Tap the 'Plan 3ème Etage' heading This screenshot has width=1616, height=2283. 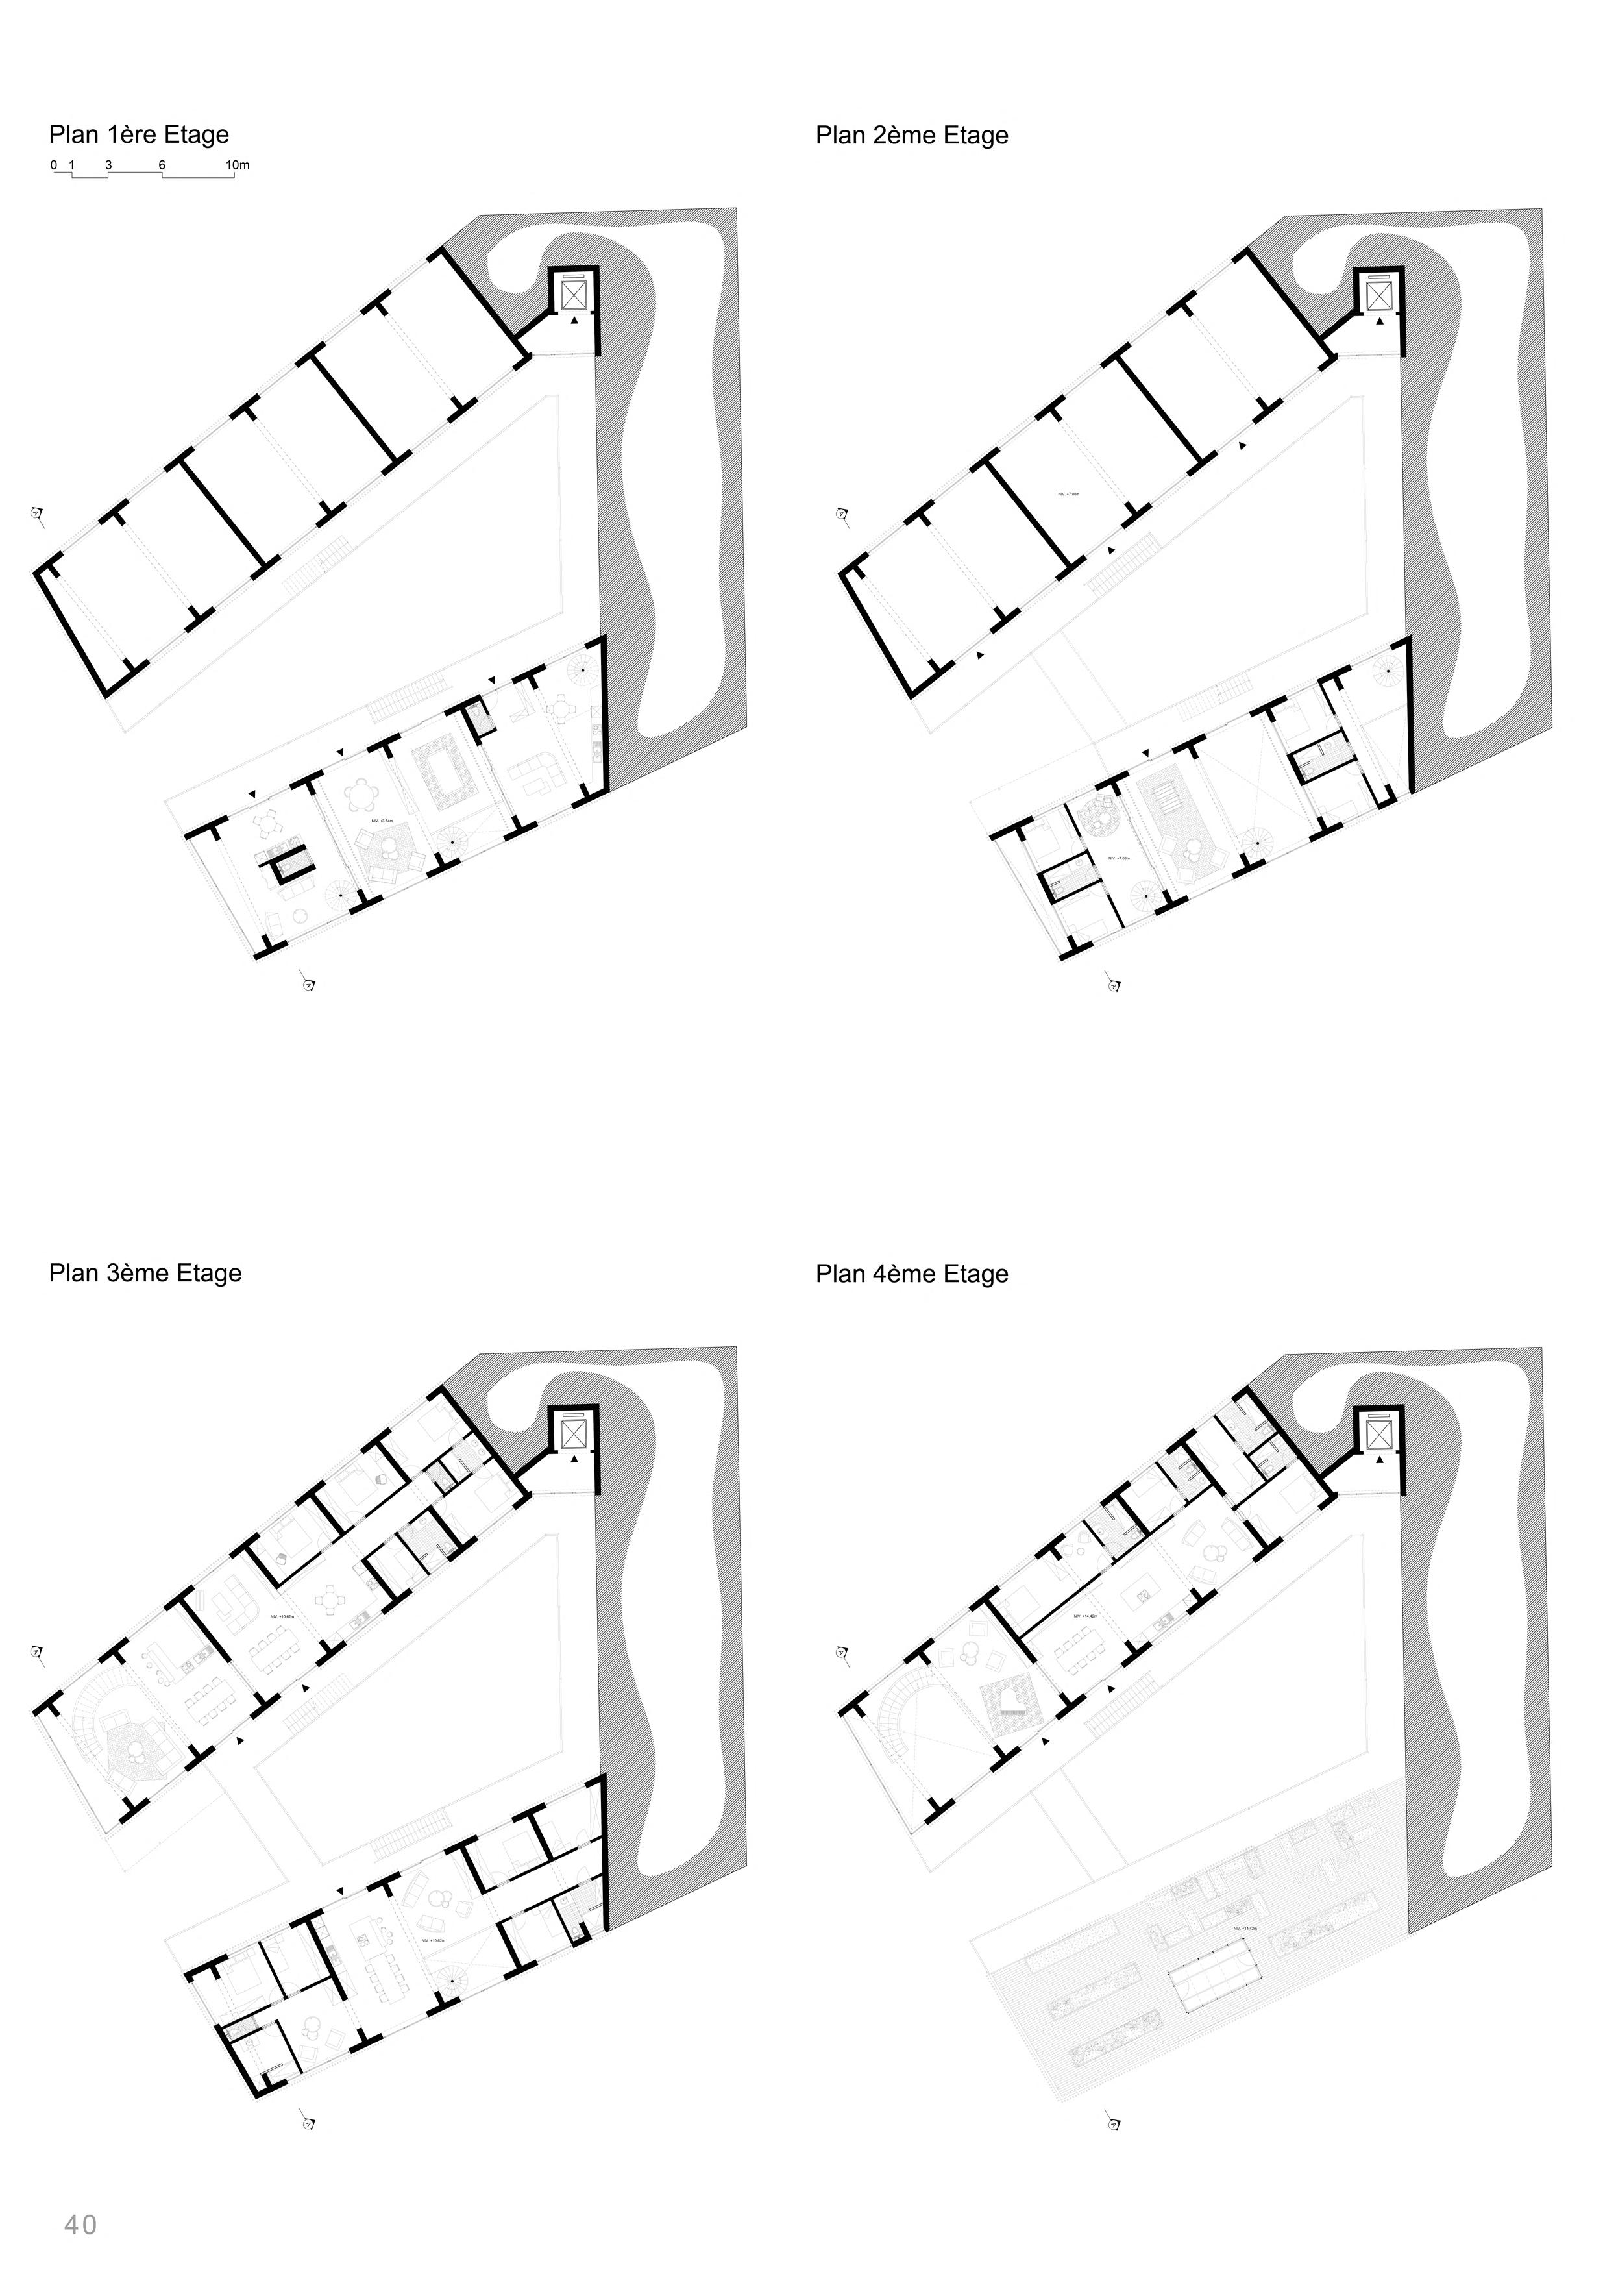coord(145,1273)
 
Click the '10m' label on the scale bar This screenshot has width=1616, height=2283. coord(237,165)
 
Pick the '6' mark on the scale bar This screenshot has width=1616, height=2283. coord(161,165)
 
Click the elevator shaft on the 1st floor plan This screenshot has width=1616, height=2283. coord(575,295)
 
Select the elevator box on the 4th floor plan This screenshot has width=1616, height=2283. coord(1379,1434)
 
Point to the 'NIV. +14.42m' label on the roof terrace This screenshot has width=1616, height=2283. coord(1244,1928)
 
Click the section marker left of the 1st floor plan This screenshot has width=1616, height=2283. coord(37,515)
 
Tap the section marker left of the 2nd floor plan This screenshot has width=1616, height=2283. coord(842,515)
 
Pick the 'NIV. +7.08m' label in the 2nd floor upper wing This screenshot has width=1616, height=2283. coord(1069,493)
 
